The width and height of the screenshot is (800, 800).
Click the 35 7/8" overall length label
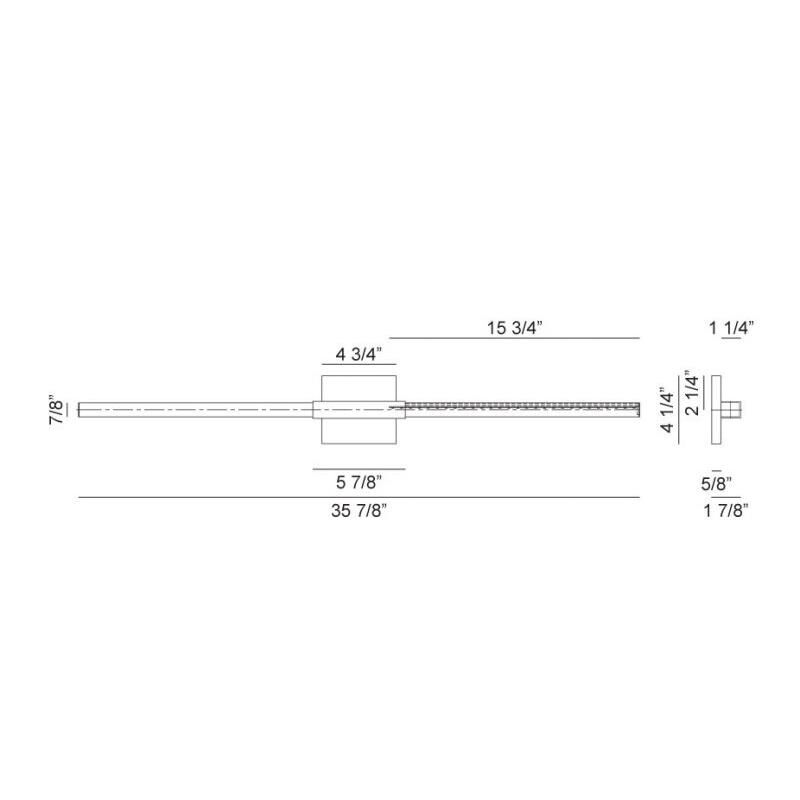point(359,510)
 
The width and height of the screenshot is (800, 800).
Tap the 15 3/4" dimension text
point(514,328)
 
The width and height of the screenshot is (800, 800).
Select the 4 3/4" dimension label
point(359,354)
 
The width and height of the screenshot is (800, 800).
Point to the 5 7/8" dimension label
point(359,482)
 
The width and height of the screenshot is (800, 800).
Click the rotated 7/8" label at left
point(57,409)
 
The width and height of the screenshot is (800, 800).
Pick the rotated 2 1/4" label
point(692,393)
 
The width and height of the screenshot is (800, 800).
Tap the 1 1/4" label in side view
point(731,328)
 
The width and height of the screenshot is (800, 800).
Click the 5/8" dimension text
point(716,484)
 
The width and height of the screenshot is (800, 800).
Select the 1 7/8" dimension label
point(726,510)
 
